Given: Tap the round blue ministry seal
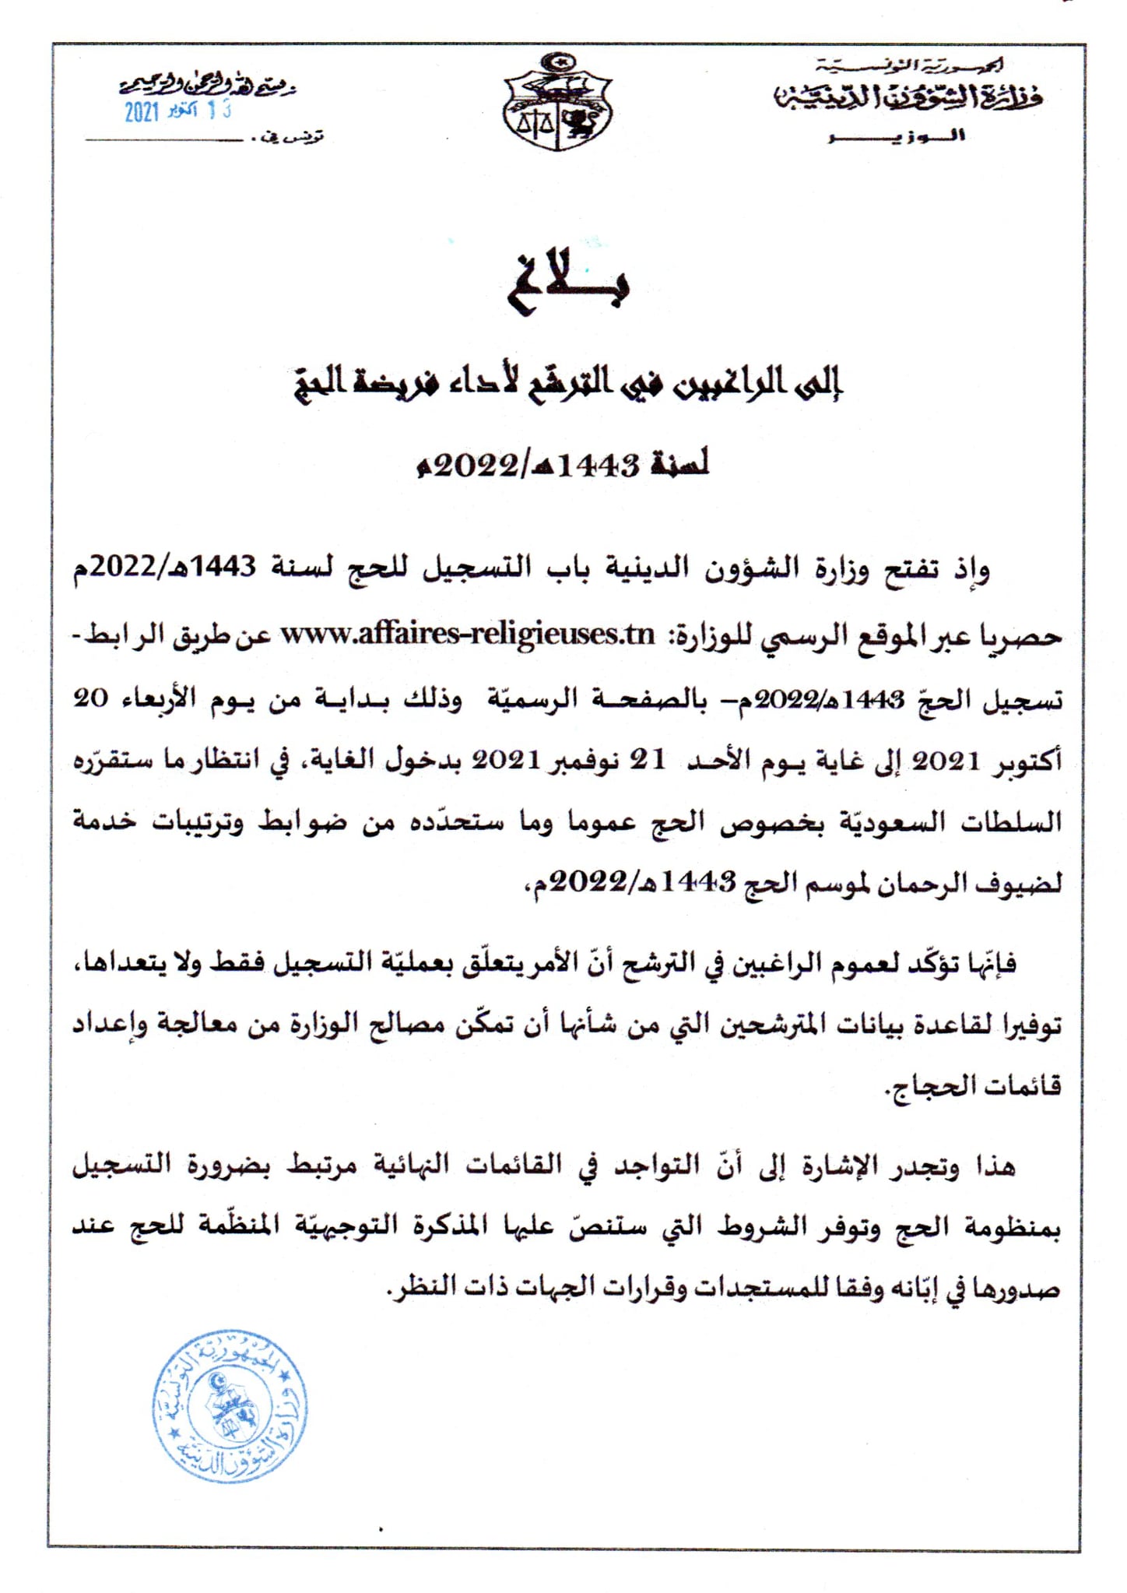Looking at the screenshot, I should pos(230,1406).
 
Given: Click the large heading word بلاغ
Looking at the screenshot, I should pos(567,282).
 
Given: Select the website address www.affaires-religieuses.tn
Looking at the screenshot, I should pos(467,635).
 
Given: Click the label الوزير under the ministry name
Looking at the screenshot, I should pos(897,137).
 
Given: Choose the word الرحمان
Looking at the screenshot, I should pos(934,883).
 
